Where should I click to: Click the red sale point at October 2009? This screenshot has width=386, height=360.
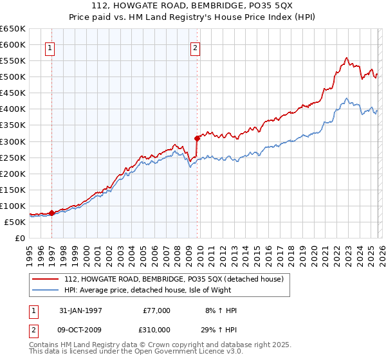pos(197,138)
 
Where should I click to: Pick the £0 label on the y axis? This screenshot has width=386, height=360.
pos(19,239)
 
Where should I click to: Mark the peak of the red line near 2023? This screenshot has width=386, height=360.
pos(347,58)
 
